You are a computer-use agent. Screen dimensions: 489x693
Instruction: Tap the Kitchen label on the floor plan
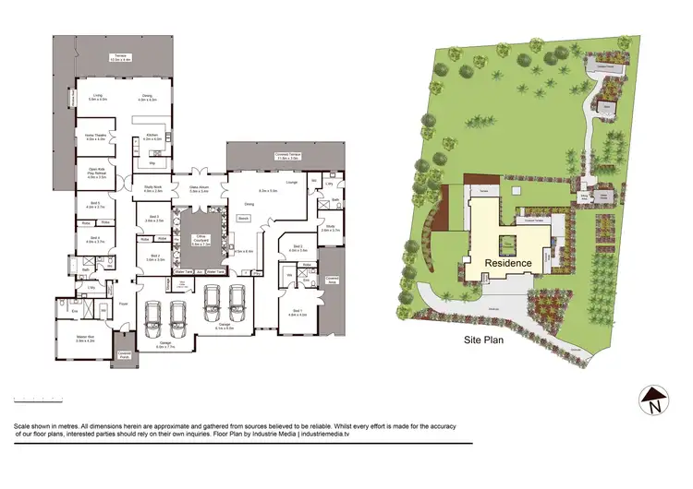coord(152,137)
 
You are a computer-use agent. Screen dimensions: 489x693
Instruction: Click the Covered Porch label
coord(123,353)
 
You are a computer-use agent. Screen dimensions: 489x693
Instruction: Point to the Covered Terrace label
coord(288,156)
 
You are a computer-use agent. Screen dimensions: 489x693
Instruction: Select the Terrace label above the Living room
coord(121,56)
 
